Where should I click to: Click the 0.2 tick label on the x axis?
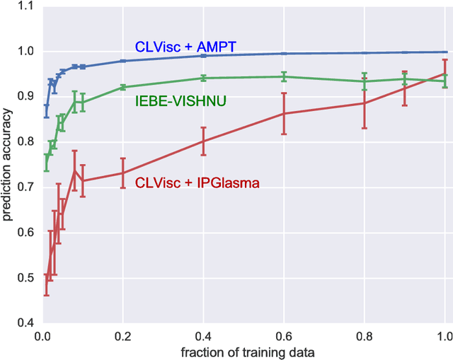[122, 335]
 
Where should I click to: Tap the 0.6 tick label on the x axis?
[284, 335]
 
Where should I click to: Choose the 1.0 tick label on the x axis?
[445, 335]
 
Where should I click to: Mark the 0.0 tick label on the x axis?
[42, 335]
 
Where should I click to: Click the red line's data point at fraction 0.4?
[203, 141]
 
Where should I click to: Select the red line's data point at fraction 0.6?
[284, 113]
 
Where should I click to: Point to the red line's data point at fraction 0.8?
[365, 103]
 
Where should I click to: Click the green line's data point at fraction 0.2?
[122, 87]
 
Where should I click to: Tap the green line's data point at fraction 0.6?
[284, 76]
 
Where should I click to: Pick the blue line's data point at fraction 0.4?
[203, 55]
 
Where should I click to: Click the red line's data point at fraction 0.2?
[122, 173]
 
